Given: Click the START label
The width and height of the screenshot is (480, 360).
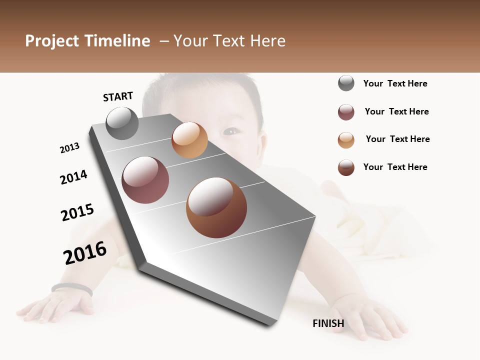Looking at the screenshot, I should coord(118,96).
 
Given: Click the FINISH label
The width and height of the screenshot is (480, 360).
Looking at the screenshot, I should coord(328,323).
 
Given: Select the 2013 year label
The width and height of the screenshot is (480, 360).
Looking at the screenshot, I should coord(69,148).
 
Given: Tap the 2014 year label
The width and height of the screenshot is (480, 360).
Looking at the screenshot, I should coord(73,177).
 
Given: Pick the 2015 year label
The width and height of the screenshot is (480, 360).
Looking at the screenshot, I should coord(77,212).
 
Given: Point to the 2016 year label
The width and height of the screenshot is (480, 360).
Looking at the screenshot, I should coord(85,253).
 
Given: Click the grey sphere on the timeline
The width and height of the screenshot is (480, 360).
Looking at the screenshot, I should coord(122,123).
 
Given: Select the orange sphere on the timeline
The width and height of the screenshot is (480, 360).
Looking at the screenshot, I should coord(189,140).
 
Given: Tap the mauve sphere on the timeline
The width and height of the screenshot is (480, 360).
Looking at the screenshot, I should coord(145,180).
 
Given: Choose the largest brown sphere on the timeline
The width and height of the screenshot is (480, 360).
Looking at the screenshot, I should coord(216,207).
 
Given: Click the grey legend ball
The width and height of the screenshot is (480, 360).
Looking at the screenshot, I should coord(346,83).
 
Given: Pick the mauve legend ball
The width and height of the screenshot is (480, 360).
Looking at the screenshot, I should coord(346,112).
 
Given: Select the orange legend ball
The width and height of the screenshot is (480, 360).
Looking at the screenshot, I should coord(346,140).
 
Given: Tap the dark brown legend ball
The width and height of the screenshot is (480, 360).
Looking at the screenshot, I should coord(346,167).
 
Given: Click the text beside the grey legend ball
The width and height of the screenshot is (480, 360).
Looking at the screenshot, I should coord(395,83).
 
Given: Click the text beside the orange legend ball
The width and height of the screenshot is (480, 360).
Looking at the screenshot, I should coord(397,139).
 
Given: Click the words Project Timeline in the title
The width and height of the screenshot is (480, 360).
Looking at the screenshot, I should coord(87,41).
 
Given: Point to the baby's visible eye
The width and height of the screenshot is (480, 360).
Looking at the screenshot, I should coord(231,131).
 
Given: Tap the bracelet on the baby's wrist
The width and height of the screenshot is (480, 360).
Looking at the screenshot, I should coord(72,288).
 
